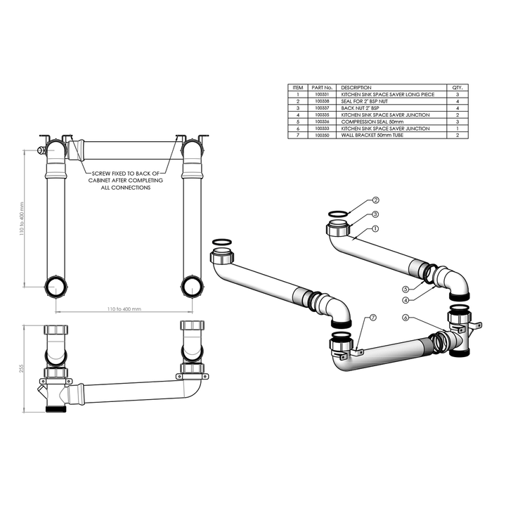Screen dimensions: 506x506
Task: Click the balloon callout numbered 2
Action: [376, 201]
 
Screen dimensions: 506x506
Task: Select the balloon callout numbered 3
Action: [376, 214]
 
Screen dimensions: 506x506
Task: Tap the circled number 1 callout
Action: [376, 228]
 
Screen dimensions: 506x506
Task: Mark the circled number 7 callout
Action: [372, 318]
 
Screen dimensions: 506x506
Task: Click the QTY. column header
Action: [458, 87]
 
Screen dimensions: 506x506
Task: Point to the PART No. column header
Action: [322, 87]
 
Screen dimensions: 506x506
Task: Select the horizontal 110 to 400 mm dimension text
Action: [124, 309]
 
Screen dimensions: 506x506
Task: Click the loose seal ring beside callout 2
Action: [339, 214]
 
